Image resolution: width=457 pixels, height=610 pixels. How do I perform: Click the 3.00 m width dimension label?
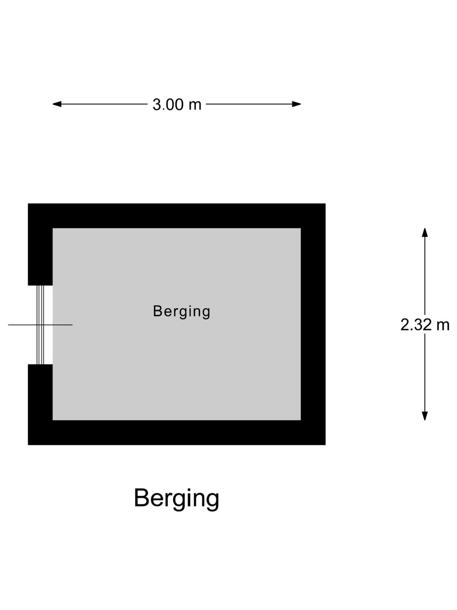pos(177,105)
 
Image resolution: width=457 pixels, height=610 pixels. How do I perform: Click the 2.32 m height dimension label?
pos(425,324)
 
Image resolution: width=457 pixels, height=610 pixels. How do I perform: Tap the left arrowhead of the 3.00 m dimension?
pos(57,104)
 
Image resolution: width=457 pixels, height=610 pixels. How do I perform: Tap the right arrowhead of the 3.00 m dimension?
pos(296,104)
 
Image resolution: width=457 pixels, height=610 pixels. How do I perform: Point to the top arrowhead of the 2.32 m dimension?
pos(425,233)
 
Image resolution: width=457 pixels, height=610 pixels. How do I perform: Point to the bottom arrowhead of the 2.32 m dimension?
pos(425,416)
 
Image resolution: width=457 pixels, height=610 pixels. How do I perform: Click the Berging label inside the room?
pos(182,312)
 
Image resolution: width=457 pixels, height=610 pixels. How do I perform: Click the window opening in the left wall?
pos(40,325)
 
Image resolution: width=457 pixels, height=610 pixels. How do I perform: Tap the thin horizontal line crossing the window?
pos(40,324)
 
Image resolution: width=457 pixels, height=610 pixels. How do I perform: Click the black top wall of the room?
pos(177,216)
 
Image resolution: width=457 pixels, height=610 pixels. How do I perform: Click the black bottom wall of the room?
pos(177,433)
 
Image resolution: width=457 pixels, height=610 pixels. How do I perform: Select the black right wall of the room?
pos(313,324)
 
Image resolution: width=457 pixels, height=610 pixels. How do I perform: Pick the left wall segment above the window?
pos(40,244)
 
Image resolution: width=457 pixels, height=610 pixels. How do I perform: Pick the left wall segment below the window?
pos(40,405)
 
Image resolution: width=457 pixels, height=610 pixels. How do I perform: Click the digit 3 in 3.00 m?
pos(157,105)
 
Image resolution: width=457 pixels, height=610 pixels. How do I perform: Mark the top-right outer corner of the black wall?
pos(325,203)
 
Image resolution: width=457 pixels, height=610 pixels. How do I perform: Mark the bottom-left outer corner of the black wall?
pos(28,445)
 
